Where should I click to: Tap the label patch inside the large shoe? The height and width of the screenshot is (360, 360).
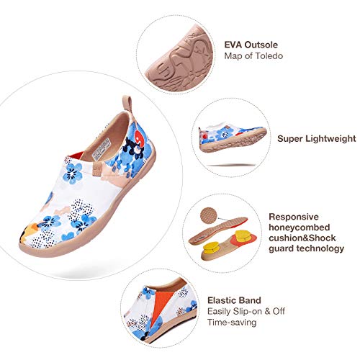(x=102, y=149)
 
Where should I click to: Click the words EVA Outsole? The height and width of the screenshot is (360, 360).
(x=251, y=45)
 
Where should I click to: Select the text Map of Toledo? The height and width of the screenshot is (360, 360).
(x=253, y=56)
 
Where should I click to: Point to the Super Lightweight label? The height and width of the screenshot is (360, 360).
(x=317, y=139)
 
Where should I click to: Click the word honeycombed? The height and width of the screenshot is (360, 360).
(x=300, y=228)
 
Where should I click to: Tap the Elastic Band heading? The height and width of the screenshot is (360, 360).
(x=234, y=300)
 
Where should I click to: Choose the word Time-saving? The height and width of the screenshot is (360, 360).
(x=232, y=322)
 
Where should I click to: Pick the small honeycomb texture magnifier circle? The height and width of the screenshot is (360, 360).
(x=208, y=215)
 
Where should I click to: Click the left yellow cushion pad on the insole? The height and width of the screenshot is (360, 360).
(x=212, y=248)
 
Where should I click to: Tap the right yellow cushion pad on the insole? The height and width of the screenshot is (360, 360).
(x=243, y=236)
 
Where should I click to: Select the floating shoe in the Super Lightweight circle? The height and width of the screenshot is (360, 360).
(x=233, y=138)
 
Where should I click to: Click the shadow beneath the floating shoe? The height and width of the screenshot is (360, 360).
(x=231, y=165)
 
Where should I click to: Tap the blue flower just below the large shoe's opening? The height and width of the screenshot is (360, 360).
(x=72, y=174)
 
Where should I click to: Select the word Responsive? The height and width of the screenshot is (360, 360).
(x=294, y=217)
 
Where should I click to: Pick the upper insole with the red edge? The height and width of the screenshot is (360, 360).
(x=218, y=230)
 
